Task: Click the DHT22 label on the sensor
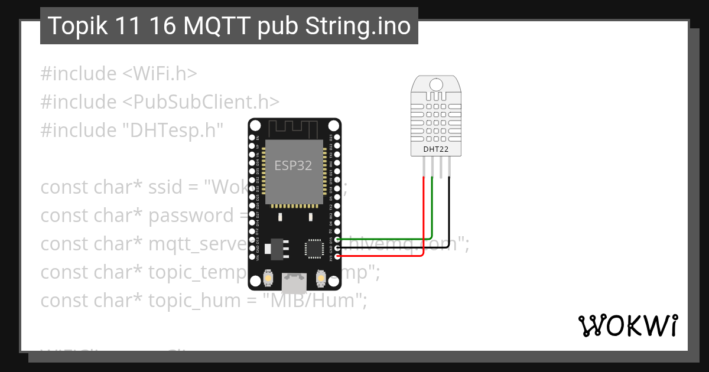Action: (x=435, y=149)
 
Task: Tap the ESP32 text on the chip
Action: (x=293, y=165)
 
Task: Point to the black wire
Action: (x=450, y=218)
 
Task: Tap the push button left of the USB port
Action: (x=268, y=277)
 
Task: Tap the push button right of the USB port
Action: (x=321, y=277)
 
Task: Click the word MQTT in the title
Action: (x=210, y=26)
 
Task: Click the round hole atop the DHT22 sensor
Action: (x=437, y=84)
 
